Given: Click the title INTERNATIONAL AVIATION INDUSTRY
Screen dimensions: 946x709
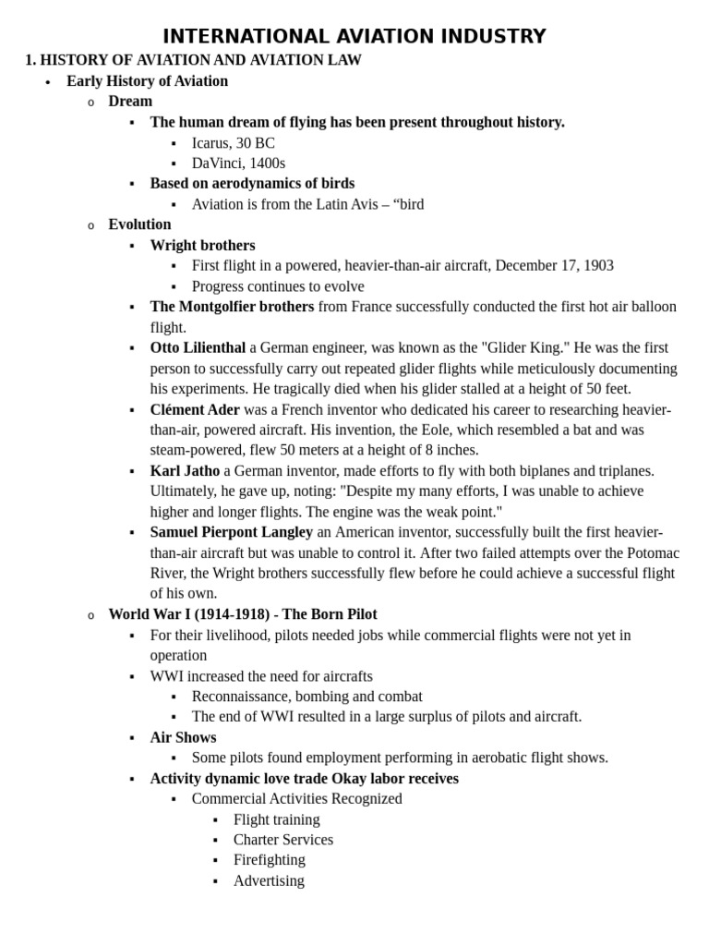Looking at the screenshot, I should click(x=354, y=37).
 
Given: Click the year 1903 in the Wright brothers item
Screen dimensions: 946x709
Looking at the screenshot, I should click(x=597, y=266).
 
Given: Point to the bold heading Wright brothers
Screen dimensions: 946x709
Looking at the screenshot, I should click(x=202, y=246).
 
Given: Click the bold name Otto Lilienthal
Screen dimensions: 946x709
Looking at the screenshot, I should click(x=198, y=348).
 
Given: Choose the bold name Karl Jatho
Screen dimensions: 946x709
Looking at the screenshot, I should click(x=185, y=471).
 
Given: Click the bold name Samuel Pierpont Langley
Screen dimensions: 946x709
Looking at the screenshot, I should click(x=231, y=532).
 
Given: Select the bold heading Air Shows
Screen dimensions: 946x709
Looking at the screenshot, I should click(x=183, y=737).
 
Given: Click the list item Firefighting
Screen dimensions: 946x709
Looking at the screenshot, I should click(x=269, y=860).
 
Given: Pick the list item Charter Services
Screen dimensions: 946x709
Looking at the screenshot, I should click(x=282, y=840).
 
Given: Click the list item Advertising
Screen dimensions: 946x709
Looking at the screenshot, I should click(x=269, y=880).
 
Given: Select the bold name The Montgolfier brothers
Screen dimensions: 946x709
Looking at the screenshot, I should click(x=232, y=307).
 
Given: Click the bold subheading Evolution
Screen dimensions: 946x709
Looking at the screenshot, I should click(x=139, y=224).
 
